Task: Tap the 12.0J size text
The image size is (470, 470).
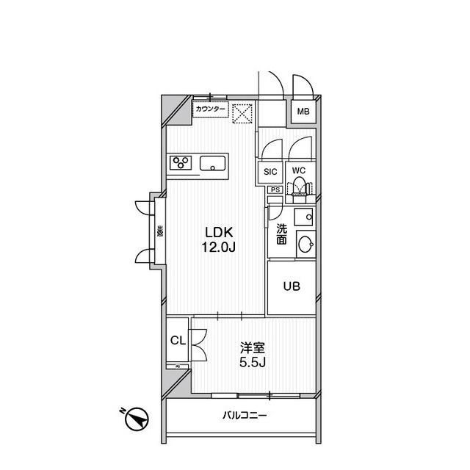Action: pos(220,247)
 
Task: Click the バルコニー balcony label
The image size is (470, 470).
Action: pos(245,416)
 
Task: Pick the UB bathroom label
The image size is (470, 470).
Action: pos(291,286)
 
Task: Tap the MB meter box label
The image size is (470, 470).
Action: pos(303,112)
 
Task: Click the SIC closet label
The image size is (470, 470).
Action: pos(270,172)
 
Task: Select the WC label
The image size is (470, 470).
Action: pos(298,171)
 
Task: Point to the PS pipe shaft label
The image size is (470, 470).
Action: pos(275,189)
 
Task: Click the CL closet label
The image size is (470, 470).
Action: pos(176,340)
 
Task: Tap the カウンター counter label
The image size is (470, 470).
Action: pos(211,109)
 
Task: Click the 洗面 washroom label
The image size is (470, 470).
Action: pos(281,234)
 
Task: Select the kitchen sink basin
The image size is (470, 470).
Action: pos(214,163)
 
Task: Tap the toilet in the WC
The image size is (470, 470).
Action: pos(299,189)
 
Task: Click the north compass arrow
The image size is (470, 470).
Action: pos(135,421)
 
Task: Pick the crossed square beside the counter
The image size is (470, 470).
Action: pos(242,113)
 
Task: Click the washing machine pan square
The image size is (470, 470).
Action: pos(303,217)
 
